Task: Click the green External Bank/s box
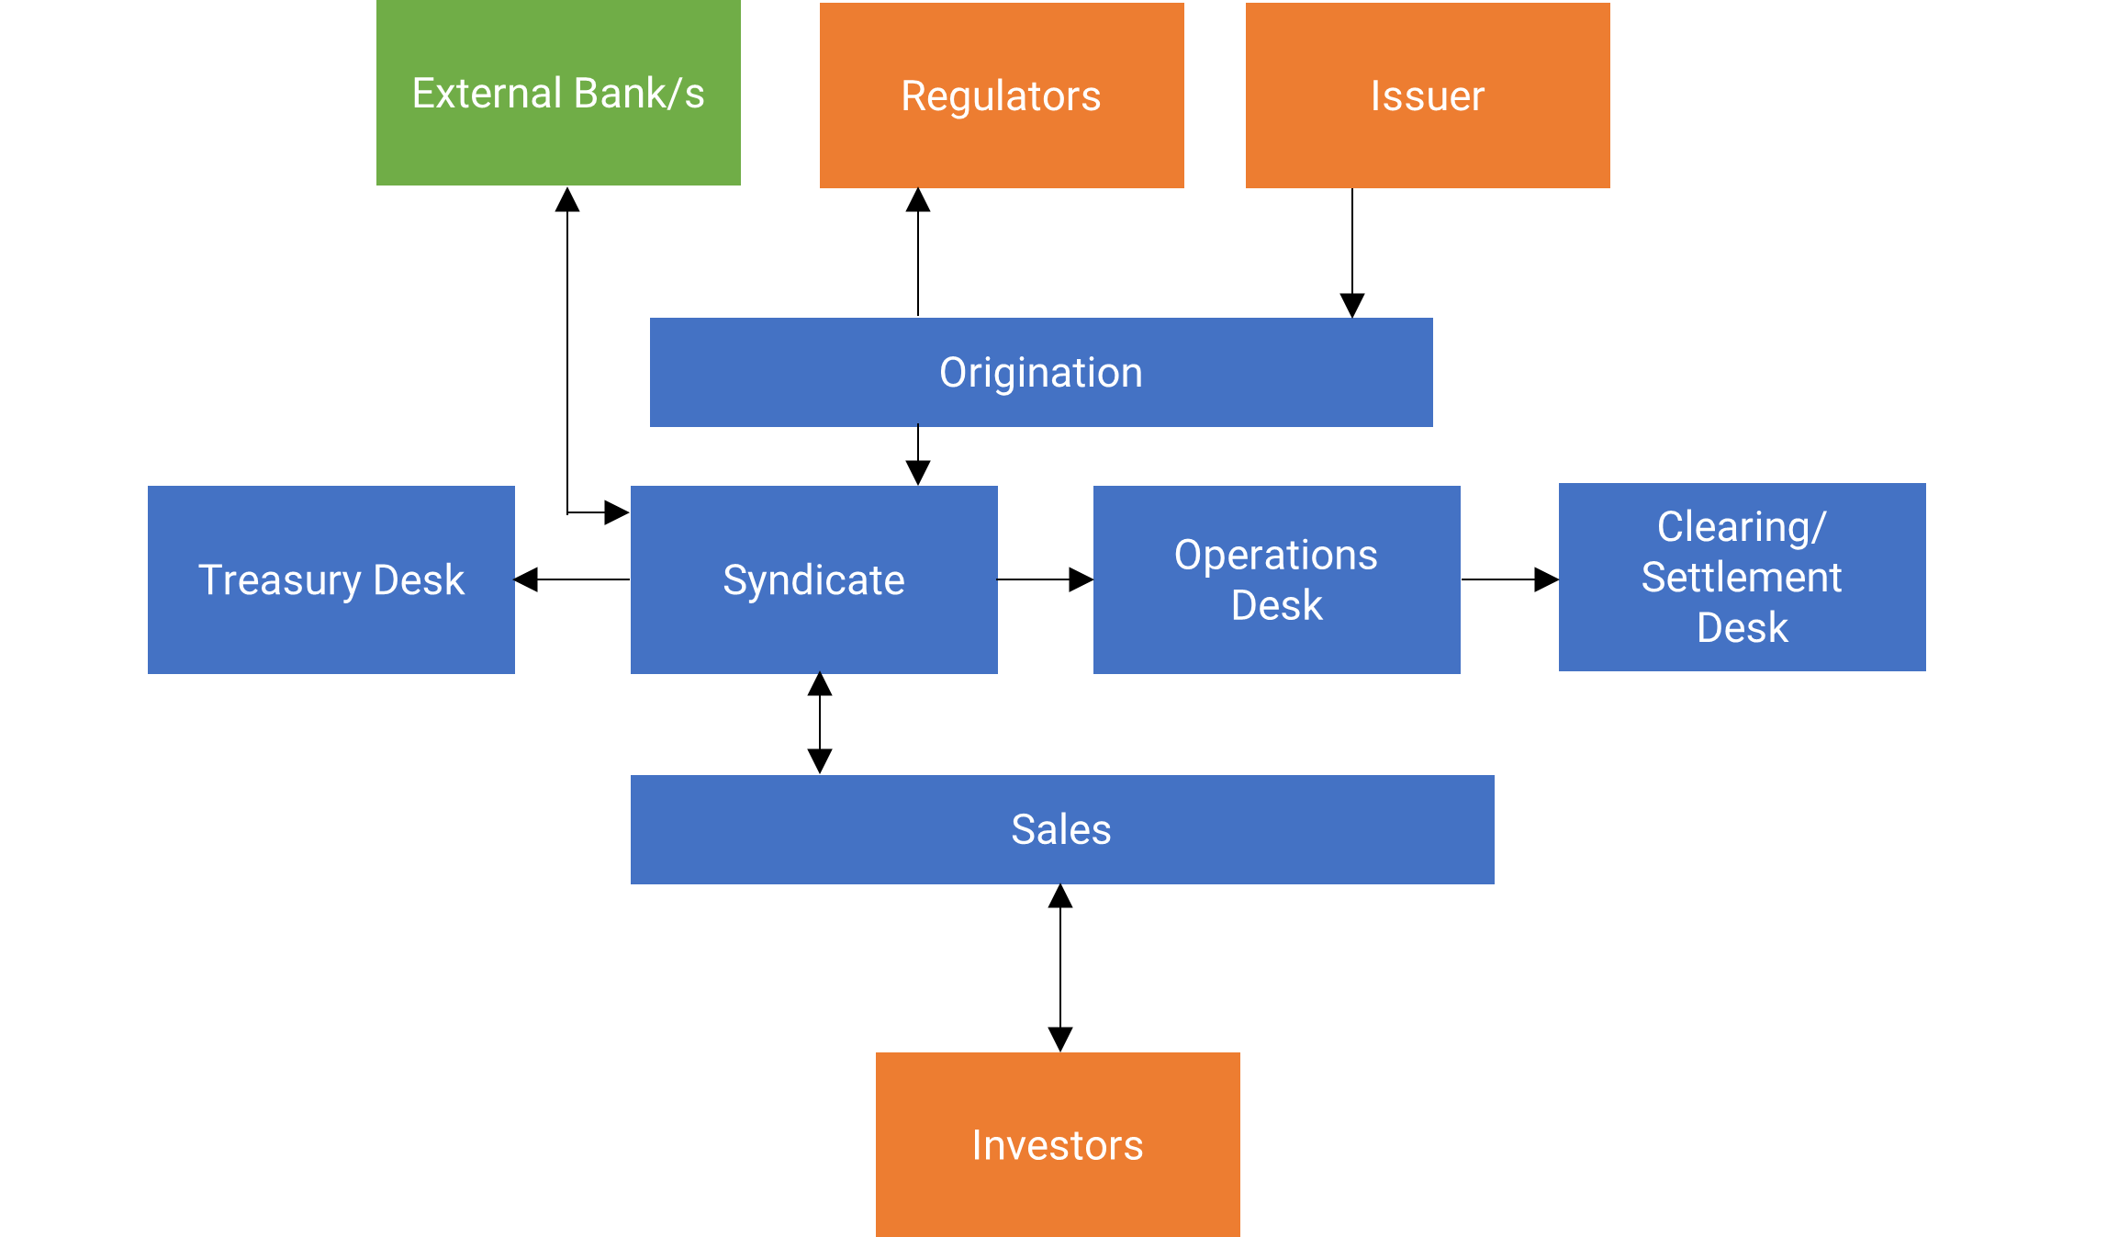(558, 93)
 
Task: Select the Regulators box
(1001, 96)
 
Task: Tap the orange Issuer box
(1427, 96)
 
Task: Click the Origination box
(1040, 372)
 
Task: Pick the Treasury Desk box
(331, 579)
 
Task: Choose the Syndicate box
(813, 579)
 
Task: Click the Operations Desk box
(1276, 579)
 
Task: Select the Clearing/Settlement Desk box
(1742, 577)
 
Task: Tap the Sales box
(1061, 829)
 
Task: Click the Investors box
(1058, 1144)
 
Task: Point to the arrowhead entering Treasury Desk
(526, 579)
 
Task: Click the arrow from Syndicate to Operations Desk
(1045, 579)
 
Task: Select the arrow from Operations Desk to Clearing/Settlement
(1509, 579)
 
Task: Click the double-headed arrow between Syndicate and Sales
(820, 724)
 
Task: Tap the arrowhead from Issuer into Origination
(1352, 305)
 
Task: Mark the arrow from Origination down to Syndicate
(918, 455)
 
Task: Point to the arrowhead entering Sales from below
(1060, 896)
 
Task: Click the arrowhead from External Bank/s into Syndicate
(616, 512)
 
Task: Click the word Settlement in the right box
(1742, 578)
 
